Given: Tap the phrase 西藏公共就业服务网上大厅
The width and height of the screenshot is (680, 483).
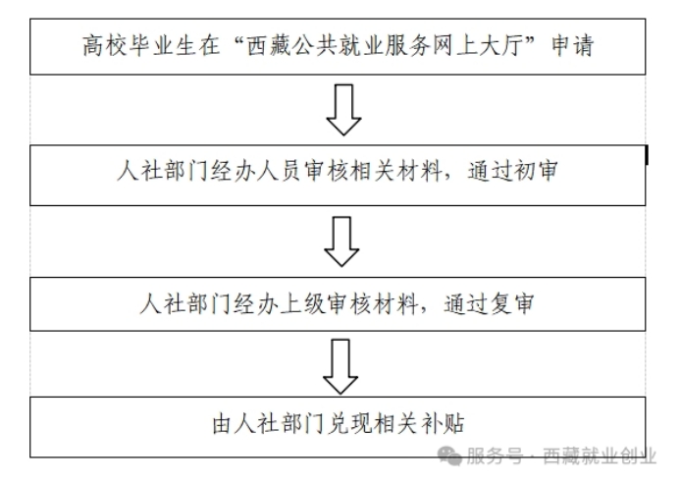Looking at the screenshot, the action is click(385, 46).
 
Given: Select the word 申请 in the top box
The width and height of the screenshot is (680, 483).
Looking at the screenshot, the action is click(572, 46).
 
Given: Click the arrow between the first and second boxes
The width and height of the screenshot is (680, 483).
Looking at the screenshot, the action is click(343, 110).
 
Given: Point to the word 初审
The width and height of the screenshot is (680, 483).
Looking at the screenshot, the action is click(535, 171).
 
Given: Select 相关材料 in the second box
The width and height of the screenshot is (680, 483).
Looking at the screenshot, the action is click(395, 171).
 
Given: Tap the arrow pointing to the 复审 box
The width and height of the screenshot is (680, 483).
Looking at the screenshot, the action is click(341, 241).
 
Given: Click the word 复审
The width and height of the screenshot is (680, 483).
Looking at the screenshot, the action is click(512, 303).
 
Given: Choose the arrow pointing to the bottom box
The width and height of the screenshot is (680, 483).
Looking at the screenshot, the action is click(340, 367).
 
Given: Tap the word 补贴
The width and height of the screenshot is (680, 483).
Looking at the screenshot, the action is click(442, 423).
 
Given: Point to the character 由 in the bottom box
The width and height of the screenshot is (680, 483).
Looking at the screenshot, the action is click(222, 424).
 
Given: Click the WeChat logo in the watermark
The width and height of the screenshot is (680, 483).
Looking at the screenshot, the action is click(449, 456).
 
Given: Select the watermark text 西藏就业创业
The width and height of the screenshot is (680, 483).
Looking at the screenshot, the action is click(600, 456).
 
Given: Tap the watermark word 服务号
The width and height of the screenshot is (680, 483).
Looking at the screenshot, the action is click(494, 456).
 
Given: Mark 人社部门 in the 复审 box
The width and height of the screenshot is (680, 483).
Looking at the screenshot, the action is click(185, 303).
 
